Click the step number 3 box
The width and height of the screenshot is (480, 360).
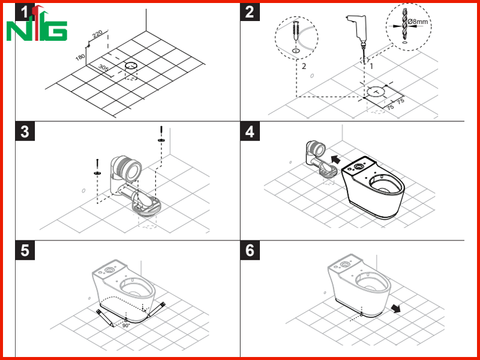tap(25, 131)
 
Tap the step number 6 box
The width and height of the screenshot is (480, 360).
tap(250, 250)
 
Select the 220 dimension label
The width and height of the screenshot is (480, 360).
tap(97, 34)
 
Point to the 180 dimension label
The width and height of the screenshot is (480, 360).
tap(80, 56)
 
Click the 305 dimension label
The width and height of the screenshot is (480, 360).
tap(103, 68)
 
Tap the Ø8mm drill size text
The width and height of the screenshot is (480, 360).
tap(418, 22)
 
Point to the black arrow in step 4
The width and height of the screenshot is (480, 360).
tap(335, 159)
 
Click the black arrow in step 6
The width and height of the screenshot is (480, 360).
tap(396, 308)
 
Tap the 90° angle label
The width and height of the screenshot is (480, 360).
tap(126, 326)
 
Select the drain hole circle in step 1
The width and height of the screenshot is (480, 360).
tap(131, 66)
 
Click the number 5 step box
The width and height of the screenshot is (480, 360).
tap(25, 250)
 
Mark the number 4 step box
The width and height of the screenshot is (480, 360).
tap(250, 131)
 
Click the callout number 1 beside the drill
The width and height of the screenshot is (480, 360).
tap(371, 66)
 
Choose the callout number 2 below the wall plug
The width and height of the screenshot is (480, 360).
tap(304, 66)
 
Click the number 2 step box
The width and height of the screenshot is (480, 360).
tap(250, 11)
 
